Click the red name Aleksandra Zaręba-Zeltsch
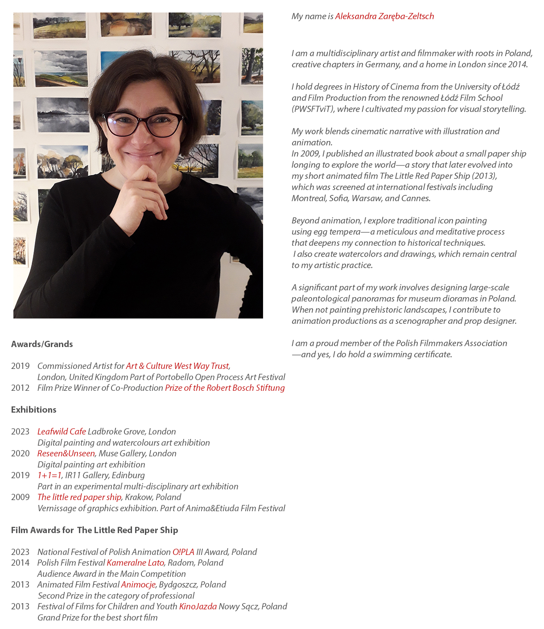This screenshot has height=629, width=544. [x=384, y=17]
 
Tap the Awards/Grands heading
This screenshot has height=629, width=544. [x=42, y=344]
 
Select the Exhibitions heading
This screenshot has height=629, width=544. [x=34, y=410]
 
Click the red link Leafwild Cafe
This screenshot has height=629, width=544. [x=62, y=431]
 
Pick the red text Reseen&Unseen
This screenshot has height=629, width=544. [x=66, y=453]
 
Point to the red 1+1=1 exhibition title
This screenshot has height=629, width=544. [x=49, y=475]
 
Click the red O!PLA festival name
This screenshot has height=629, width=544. [x=183, y=552]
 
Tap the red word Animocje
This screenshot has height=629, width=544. [x=138, y=584]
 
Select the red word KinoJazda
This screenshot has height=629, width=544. [x=198, y=606]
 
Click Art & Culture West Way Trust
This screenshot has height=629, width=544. [x=177, y=366]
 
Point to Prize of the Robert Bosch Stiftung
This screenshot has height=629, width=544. [x=225, y=388]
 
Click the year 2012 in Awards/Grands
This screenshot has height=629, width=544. [x=20, y=388]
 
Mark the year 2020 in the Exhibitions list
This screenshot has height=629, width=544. [x=20, y=453]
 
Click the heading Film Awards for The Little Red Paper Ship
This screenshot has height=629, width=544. [x=95, y=530]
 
